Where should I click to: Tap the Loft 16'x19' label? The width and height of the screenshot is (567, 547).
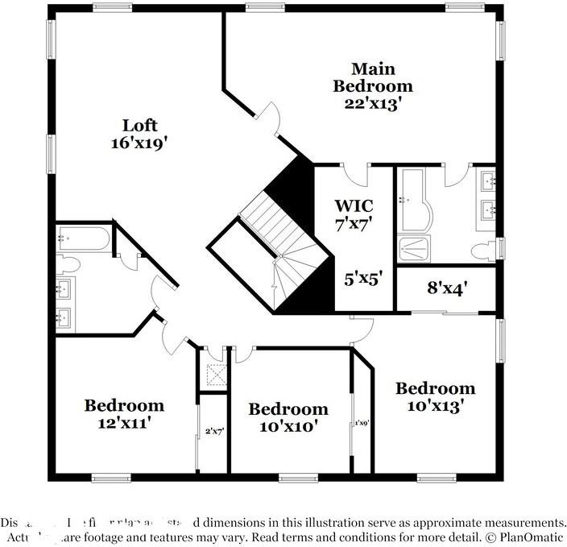[x=139, y=134]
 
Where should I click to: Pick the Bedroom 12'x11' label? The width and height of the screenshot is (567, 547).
[x=124, y=412]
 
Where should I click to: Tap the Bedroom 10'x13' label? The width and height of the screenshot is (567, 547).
[x=434, y=397]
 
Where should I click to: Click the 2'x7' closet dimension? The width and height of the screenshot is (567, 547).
[x=213, y=432]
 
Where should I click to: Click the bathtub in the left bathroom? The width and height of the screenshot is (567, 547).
[x=84, y=238]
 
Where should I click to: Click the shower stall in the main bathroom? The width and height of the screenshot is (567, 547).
[x=413, y=249]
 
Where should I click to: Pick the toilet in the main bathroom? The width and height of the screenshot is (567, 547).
[x=486, y=250]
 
